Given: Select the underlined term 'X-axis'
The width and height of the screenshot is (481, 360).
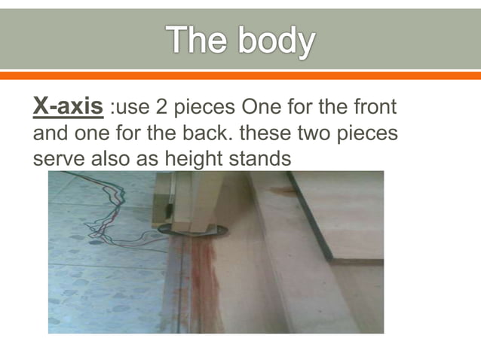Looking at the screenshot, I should click(x=69, y=107).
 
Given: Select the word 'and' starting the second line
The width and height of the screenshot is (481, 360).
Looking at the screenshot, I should click(x=51, y=133).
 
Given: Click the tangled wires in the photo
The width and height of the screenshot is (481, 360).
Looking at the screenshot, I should click(x=106, y=218).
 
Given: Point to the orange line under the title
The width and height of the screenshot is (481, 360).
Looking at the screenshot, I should click(x=240, y=75).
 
